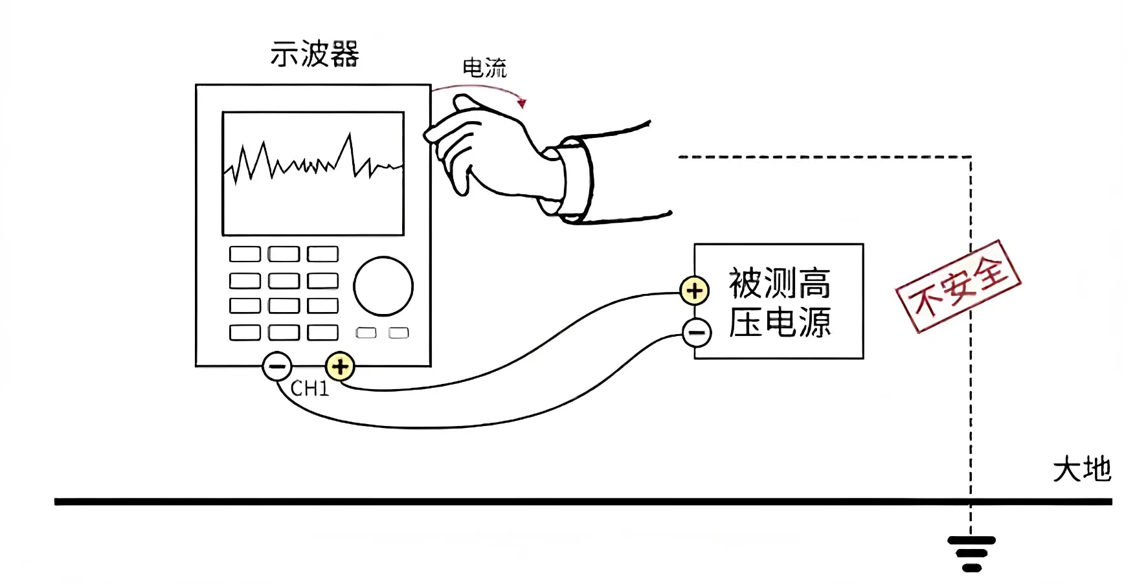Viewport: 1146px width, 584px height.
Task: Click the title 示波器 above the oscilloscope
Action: click(315, 54)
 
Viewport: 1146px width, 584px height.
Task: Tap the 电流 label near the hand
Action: click(484, 67)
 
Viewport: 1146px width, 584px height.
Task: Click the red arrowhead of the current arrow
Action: click(522, 103)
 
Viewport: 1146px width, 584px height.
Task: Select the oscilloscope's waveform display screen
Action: click(313, 174)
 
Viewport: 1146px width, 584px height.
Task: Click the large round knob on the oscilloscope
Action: click(383, 286)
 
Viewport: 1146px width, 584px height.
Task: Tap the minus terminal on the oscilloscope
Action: click(276, 366)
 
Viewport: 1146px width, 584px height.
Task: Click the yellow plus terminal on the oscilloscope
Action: click(339, 366)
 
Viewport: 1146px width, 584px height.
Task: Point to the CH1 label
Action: click(309, 388)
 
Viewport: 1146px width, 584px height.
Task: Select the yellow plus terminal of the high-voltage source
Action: click(694, 291)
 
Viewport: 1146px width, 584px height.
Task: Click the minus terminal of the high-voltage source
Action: click(697, 333)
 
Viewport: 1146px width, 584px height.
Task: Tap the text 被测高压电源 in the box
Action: click(780, 302)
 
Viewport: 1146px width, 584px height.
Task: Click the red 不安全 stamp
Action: click(958, 286)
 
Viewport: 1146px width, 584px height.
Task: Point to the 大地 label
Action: click(1081, 469)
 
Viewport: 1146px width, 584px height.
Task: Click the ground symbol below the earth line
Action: click(971, 554)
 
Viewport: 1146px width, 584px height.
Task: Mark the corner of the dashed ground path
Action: click(970, 157)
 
